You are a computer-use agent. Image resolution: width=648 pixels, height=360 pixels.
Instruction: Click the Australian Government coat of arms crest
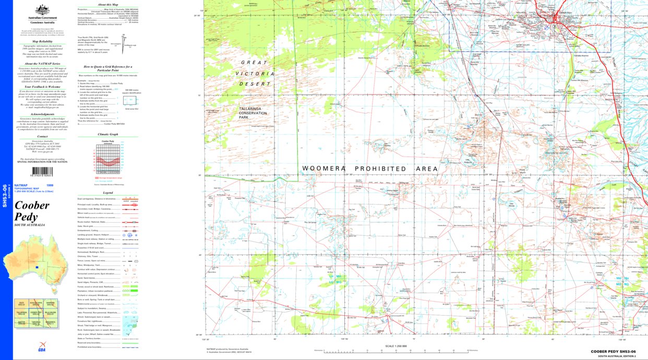(x=42, y=9)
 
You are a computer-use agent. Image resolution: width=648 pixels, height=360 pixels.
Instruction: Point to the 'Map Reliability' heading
(x=42, y=41)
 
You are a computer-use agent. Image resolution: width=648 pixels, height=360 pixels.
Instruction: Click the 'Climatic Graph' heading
(x=108, y=135)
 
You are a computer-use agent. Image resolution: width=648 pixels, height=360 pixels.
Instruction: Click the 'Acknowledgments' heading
(x=42, y=114)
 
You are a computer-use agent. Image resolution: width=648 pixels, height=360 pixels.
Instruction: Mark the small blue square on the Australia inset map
(x=37, y=268)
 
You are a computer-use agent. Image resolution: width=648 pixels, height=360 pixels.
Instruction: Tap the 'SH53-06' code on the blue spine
(x=5, y=196)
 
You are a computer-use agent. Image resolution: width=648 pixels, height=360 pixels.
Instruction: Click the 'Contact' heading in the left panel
(x=42, y=136)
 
